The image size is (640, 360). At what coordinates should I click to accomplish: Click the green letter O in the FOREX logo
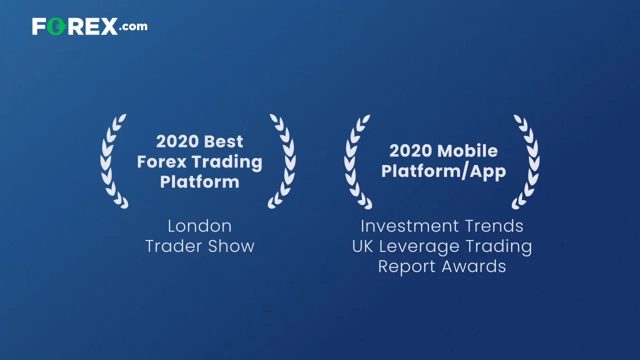pyautogui.click(x=56, y=26)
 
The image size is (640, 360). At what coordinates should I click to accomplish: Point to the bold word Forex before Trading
pyautogui.click(x=161, y=162)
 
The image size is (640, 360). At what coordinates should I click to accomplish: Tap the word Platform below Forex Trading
pyautogui.click(x=199, y=182)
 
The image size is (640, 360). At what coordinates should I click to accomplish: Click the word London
pyautogui.click(x=199, y=226)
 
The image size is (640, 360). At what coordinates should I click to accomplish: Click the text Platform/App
pyautogui.click(x=443, y=171)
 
